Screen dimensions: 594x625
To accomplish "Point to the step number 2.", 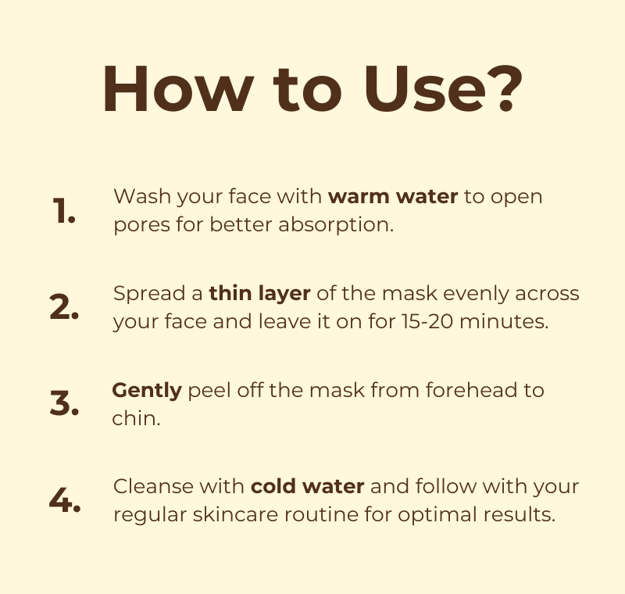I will pos(64,308).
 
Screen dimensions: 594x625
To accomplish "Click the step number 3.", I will pos(64,404).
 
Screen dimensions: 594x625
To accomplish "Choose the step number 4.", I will pos(64,501).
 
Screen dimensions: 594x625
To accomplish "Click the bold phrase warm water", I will pos(393,196).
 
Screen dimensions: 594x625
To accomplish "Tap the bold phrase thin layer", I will pos(259,293).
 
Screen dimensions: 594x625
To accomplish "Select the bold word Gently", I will pos(146,389).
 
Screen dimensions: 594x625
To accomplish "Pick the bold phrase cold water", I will pos(307,486).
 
